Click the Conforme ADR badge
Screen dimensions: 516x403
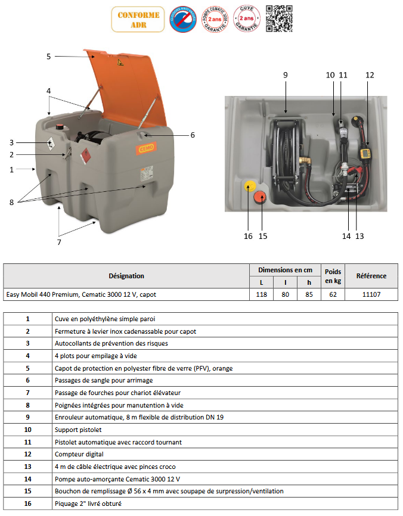pos(129,19)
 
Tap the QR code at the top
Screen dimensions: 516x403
pos(278,18)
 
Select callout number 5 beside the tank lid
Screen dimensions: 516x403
pos(49,57)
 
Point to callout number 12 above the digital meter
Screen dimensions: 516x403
pos(370,75)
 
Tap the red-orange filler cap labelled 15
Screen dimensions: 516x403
pos(261,198)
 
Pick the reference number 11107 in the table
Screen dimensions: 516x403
pos(371,294)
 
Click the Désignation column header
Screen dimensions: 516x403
pos(126,276)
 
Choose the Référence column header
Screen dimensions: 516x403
pos(371,276)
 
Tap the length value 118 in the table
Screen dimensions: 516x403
pos(261,294)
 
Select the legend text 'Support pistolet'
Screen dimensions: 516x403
pos(78,430)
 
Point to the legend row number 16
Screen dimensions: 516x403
pos(27,503)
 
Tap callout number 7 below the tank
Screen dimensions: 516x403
pos(59,242)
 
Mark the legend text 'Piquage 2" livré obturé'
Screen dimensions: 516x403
pos(89,503)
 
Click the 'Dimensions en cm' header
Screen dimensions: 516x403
pos(284,269)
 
